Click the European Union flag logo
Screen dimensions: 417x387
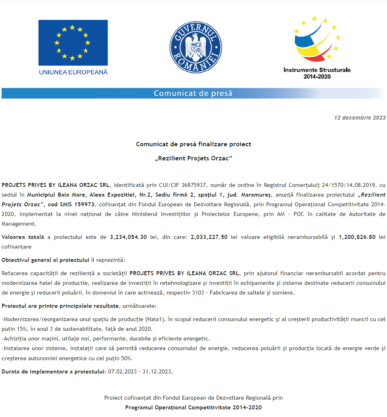pos(73,43)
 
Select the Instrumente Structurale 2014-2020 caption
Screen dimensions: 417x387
pos(317,73)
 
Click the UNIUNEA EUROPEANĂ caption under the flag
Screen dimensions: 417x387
pos(73,72)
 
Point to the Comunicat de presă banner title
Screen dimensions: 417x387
pos(193,93)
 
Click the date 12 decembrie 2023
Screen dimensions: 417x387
pos(360,118)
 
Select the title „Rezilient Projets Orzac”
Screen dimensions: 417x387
pos(193,158)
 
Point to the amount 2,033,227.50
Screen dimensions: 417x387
pos(209,237)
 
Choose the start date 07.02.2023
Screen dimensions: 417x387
pos(121,371)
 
